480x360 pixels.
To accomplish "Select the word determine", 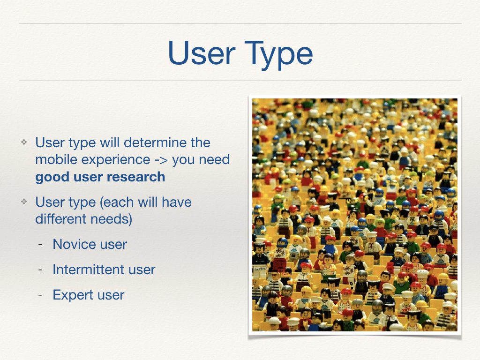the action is pos(155,142).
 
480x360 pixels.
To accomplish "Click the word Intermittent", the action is pos(89,270).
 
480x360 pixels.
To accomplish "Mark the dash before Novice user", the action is pos(40,245).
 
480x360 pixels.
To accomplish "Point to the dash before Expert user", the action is pos(40,295).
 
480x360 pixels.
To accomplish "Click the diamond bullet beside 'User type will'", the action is pos(24,142).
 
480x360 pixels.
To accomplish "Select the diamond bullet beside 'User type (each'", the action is pos(24,202).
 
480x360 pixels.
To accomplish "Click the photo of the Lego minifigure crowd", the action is pos(355,215).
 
